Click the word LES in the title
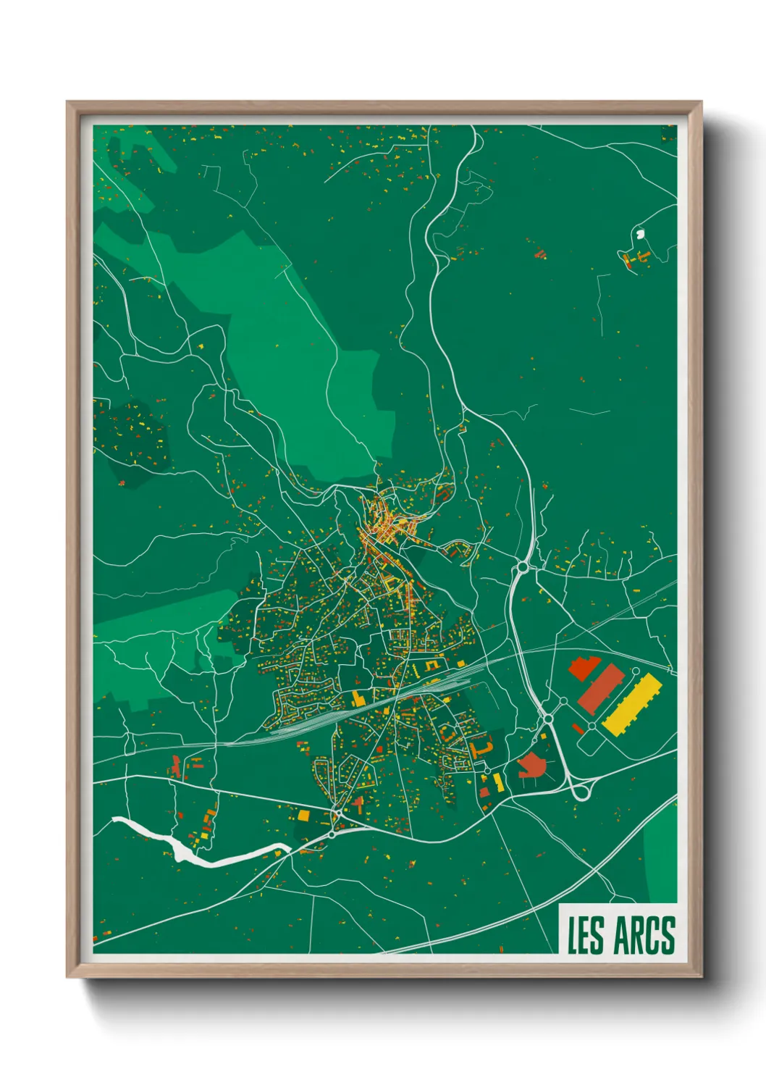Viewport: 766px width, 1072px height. (x=584, y=935)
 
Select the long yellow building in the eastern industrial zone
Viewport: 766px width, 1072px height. (x=632, y=703)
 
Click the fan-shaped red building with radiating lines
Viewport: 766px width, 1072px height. (x=533, y=765)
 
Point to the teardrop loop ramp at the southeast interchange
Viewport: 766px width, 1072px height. (x=581, y=791)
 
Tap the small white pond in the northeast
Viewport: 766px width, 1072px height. (x=639, y=234)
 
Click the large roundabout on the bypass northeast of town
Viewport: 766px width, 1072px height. (x=520, y=571)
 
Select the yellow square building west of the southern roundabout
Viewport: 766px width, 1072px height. (x=303, y=816)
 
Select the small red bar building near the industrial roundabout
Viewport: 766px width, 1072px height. (x=577, y=728)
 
